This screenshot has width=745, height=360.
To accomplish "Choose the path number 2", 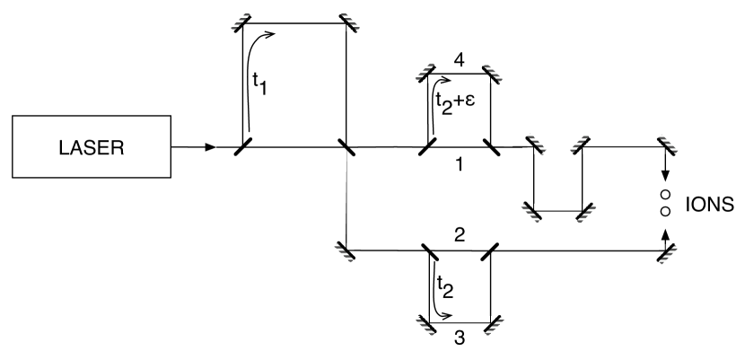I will [x=459, y=235].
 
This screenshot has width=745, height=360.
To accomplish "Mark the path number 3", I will [x=459, y=339].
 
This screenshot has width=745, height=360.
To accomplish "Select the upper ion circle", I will [x=664, y=194].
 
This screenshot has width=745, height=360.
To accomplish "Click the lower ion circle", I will [x=664, y=211].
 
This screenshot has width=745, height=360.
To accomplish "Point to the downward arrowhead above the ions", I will [x=664, y=176].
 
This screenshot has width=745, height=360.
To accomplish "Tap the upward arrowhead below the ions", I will [x=664, y=233].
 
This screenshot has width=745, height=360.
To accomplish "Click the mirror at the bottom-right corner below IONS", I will [x=665, y=252].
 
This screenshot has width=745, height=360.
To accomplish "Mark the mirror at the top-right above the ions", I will [x=665, y=145].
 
